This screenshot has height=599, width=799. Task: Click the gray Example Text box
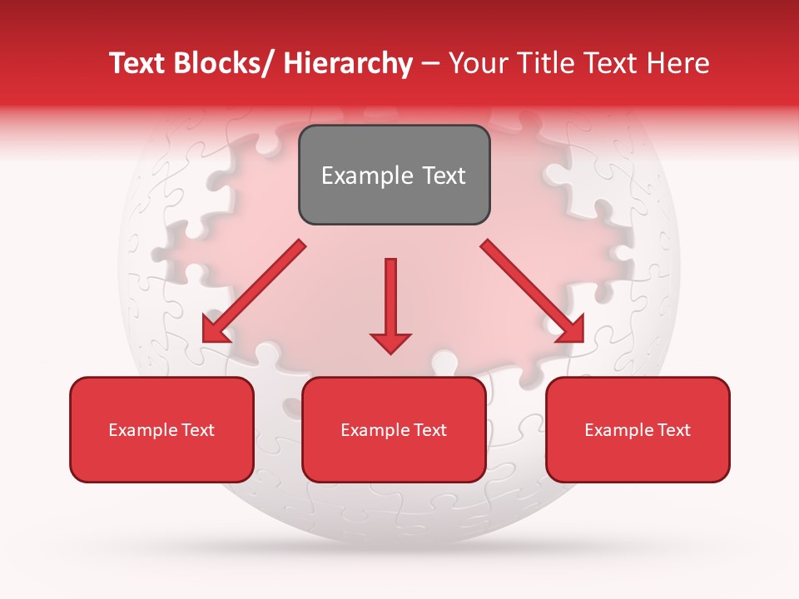pyautogui.click(x=394, y=175)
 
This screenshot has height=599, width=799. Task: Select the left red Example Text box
pyautogui.click(x=161, y=429)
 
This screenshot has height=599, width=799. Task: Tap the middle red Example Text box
pyautogui.click(x=394, y=429)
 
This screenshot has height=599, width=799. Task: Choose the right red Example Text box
pyautogui.click(x=638, y=429)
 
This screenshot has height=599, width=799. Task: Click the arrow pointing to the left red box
pyautogui.click(x=254, y=291)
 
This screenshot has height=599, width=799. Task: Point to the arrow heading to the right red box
pyautogui.click(x=533, y=291)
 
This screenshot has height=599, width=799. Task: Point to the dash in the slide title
pyautogui.click(x=430, y=63)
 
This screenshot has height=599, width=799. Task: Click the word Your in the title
pyautogui.click(x=475, y=63)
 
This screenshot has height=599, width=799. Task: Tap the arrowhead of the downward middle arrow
pyautogui.click(x=390, y=342)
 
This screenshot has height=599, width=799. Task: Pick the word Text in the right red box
pyautogui.click(x=672, y=429)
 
